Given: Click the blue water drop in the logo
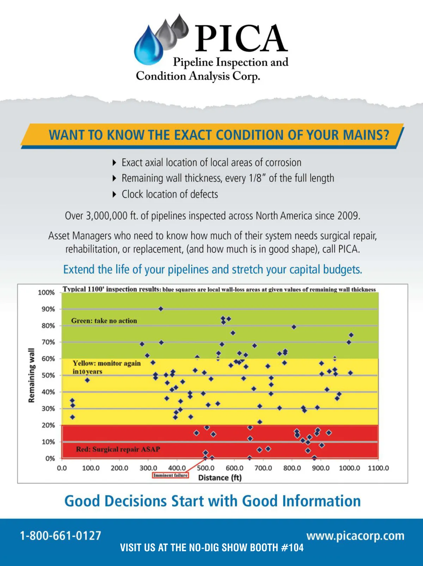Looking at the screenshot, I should pos(148,48).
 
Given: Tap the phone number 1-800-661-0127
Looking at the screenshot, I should pos(61,536).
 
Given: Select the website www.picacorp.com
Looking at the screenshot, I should pos(355,536).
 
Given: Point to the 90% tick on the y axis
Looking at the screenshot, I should pos(48,309).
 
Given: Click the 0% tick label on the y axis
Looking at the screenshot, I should pos(50,459).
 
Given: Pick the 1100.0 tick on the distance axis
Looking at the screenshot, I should pos(378,468).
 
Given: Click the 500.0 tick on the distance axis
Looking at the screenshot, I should pos(206,468).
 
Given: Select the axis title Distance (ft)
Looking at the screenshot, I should pos(220,478).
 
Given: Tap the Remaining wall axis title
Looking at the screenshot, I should pos(31,375).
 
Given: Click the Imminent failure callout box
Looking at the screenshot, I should pos(171,475).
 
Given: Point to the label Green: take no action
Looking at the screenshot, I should pos(104,321).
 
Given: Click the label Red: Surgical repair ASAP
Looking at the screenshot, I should pos(118,449).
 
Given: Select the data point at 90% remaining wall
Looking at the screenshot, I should pos(161,309).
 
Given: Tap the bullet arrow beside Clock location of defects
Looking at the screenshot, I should pos(114,194).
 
